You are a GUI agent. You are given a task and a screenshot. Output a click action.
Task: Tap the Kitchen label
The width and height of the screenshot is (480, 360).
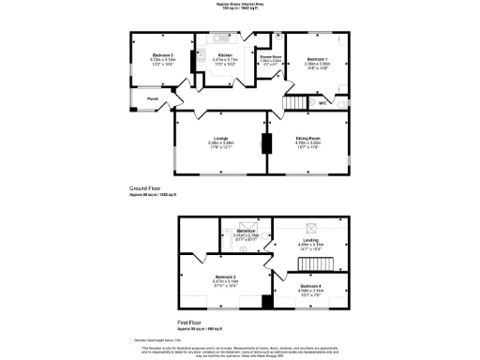pyautogui.click(x=225, y=55)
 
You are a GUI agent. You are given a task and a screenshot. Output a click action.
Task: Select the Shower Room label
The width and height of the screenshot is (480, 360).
pyautogui.click(x=271, y=57)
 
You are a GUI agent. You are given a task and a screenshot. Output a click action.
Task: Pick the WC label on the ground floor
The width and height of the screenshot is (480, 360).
pyautogui.click(x=322, y=102)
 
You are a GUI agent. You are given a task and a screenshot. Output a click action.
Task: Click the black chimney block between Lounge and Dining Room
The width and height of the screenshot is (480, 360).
pyautogui.click(x=264, y=143)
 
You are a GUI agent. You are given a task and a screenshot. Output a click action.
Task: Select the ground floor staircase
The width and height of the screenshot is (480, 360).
pyautogui.click(x=297, y=101)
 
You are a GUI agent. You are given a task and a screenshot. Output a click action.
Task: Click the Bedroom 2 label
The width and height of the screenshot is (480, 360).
pyautogui.click(x=225, y=277)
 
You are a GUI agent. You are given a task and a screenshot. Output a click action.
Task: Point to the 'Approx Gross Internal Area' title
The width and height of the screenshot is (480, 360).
pyautogui.click(x=239, y=5)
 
